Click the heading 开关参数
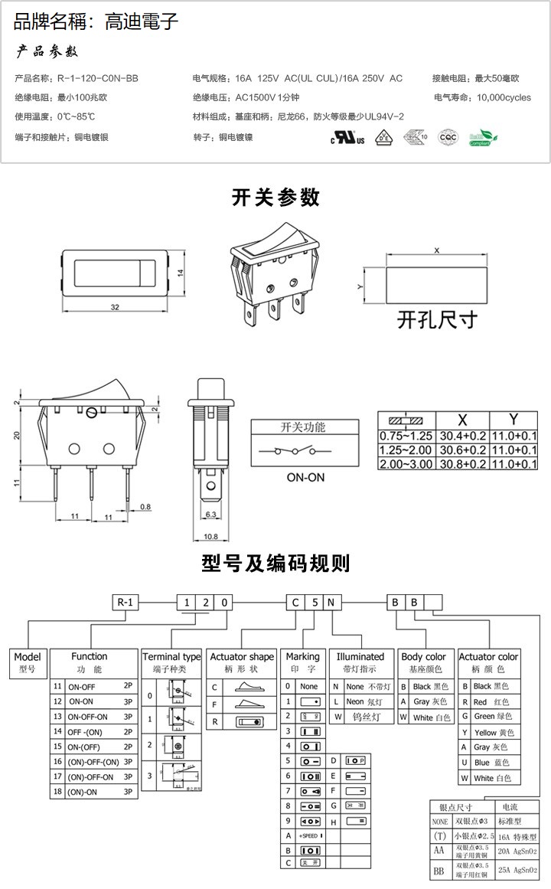click(275, 198)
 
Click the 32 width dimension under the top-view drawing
click(116, 307)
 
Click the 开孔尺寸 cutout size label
click(436, 319)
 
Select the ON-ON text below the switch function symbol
click(306, 476)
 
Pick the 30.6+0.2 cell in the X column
click(462, 450)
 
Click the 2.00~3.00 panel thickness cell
click(406, 464)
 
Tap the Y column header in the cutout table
click(514, 420)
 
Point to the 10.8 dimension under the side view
click(210, 536)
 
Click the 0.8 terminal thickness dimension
click(145, 506)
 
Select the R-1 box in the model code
click(126, 602)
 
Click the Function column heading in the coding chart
click(90, 656)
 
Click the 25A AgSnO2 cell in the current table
click(519, 870)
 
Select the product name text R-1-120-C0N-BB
click(98, 78)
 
